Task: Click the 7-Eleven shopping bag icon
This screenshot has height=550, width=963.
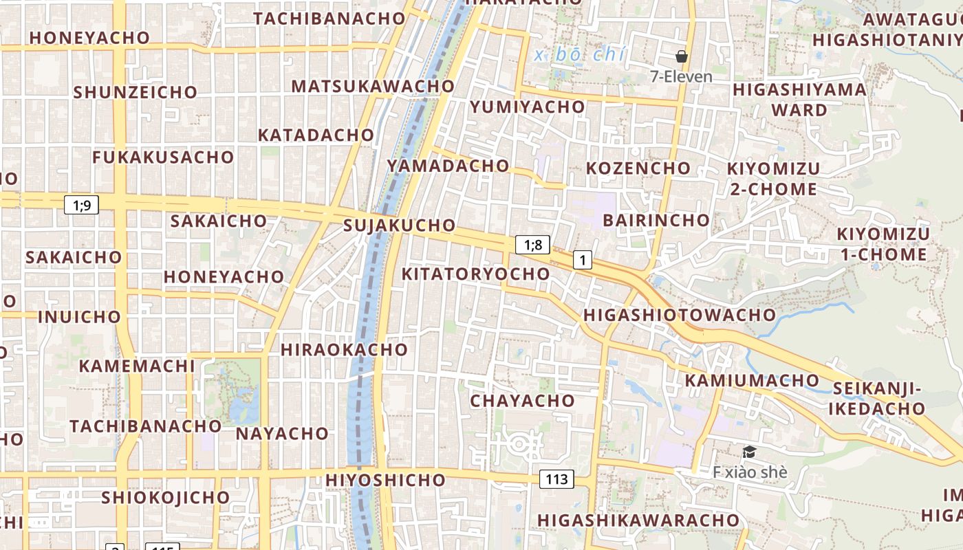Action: tap(682, 56)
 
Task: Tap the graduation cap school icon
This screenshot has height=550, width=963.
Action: tap(749, 452)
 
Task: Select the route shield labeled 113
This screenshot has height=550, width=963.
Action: tap(556, 479)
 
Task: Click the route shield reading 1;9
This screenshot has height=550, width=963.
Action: tap(82, 204)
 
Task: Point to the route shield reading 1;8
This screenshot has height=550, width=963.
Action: tap(533, 245)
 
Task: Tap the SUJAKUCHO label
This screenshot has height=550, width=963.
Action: tap(399, 225)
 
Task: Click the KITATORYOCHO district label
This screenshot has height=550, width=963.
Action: tap(475, 274)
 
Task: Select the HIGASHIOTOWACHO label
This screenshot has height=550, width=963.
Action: tap(679, 315)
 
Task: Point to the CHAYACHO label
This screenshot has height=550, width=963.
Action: tap(522, 400)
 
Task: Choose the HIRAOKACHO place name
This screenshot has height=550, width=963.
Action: tap(344, 349)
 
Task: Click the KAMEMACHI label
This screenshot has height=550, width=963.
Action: tap(137, 366)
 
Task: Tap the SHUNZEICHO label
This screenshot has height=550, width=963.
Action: tap(135, 92)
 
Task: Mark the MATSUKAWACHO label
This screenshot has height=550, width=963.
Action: tap(373, 86)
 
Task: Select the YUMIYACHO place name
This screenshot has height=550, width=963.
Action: tap(527, 107)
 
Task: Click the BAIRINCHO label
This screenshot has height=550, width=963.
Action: tap(656, 220)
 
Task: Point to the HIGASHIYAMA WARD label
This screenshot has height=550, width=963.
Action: tap(799, 100)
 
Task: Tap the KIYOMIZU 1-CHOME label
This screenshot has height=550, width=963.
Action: tap(883, 244)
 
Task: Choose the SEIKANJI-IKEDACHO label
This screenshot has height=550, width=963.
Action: tap(876, 398)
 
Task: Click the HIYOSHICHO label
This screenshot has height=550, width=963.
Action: tap(385, 479)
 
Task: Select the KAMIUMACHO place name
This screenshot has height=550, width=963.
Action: tap(752, 380)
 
